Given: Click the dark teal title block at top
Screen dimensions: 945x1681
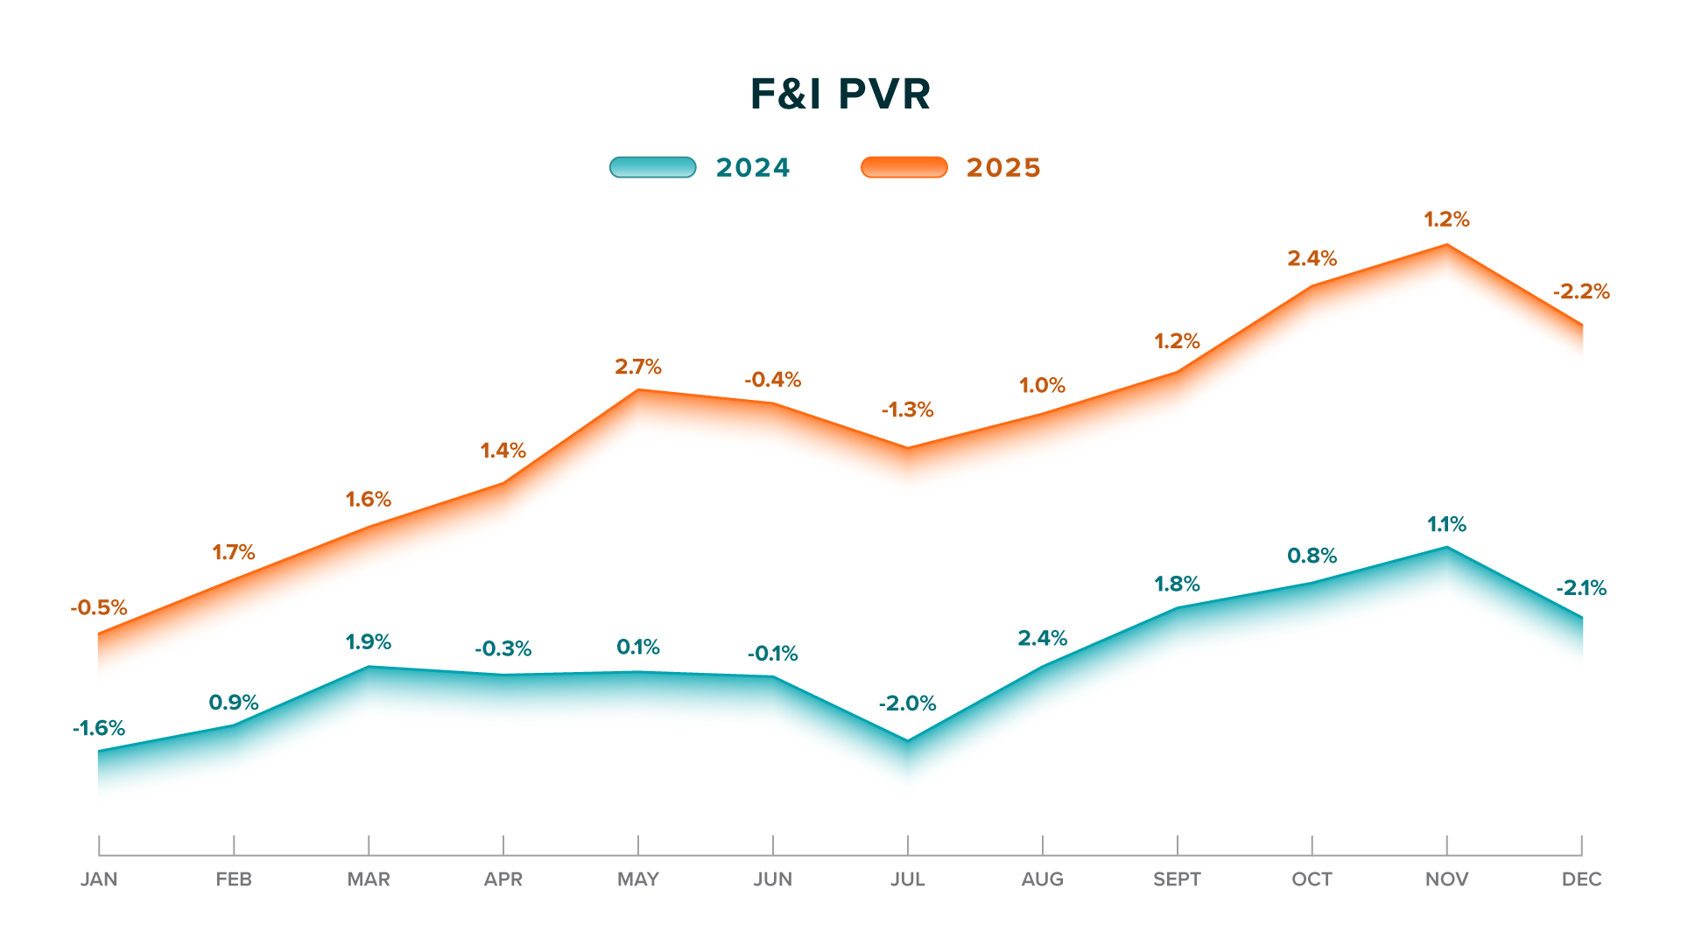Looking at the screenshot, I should click(840, 95).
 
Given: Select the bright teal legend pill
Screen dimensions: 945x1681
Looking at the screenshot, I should click(652, 167).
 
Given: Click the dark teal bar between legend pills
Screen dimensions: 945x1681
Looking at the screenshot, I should click(777, 167).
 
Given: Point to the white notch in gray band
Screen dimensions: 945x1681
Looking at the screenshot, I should click(570, 844).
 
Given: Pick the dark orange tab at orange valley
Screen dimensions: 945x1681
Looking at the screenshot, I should click(911, 418).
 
